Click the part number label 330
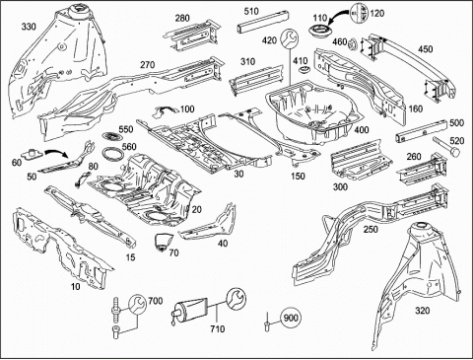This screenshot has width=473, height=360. click(29, 27)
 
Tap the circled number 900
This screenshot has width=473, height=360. click(291, 318)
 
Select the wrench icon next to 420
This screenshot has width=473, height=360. click(290, 38)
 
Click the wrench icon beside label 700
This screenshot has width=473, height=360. click(137, 305)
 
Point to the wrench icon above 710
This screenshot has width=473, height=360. click(236, 298)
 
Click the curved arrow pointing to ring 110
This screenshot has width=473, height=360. click(339, 17)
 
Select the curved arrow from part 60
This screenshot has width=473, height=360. click(56, 153)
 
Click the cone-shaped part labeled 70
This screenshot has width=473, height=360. click(163, 242)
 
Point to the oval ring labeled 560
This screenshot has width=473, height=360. click(112, 154)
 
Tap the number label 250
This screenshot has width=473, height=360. click(371, 229)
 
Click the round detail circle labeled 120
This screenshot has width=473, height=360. click(360, 13)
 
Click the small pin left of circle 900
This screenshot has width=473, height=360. click(267, 322)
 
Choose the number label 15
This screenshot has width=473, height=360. click(131, 257)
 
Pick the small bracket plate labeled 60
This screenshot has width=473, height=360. click(32, 153)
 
